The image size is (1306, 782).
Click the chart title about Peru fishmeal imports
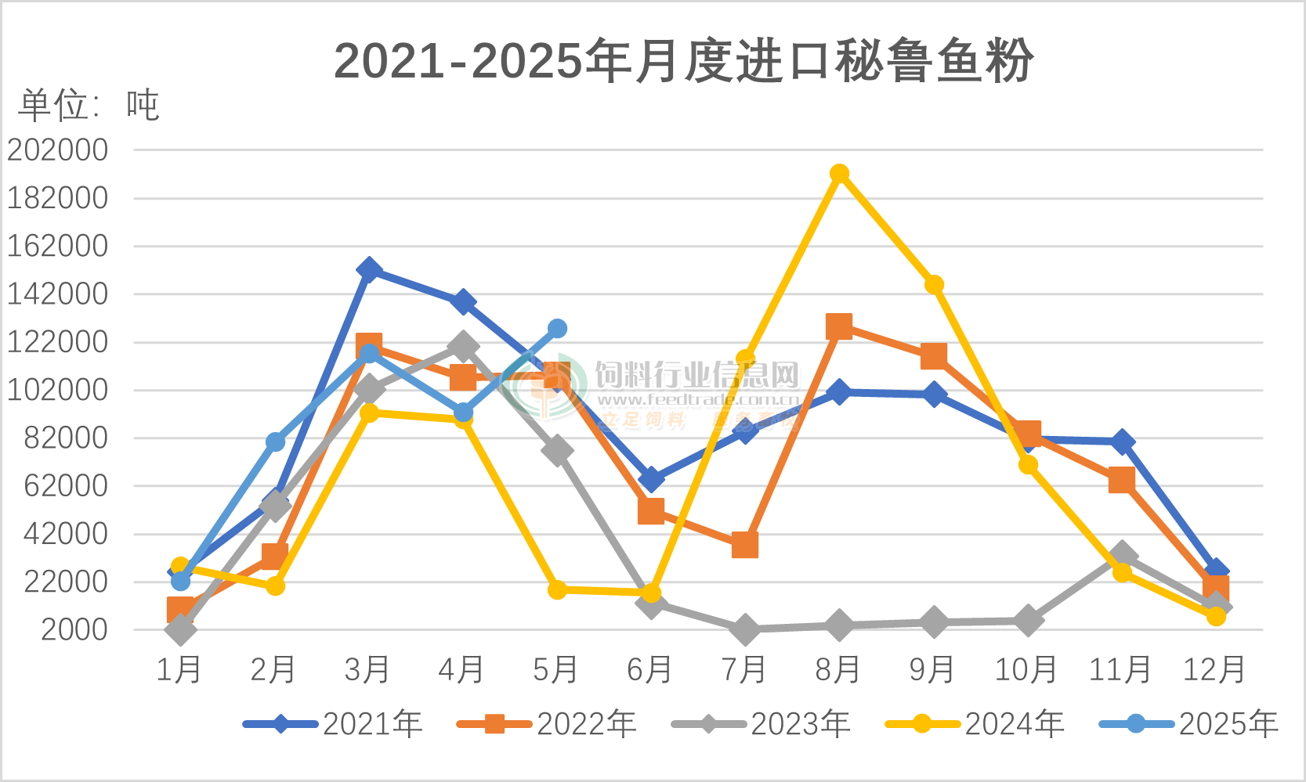[683, 61]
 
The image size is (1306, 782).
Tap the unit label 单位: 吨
[89, 105]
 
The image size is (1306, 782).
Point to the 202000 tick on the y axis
[58, 150]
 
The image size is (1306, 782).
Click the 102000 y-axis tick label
[58, 390]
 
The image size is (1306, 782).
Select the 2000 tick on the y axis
[74, 630]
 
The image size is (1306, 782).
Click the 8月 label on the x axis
[838, 670]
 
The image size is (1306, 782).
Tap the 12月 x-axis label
[1214, 670]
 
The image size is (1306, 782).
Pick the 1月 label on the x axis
[179, 670]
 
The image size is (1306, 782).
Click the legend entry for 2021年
[334, 724]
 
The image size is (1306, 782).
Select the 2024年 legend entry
[975, 724]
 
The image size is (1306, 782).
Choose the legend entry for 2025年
[1189, 724]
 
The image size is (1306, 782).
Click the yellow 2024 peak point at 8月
[839, 174]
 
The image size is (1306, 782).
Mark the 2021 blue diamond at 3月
[369, 271]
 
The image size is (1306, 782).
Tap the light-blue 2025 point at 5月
[557, 329]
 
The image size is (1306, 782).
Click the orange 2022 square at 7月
[745, 545]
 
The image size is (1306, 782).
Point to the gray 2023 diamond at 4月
[463, 346]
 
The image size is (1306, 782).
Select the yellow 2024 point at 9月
[933, 285]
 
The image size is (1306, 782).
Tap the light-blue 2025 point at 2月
[275, 442]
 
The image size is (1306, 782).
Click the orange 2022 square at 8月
[839, 326]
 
